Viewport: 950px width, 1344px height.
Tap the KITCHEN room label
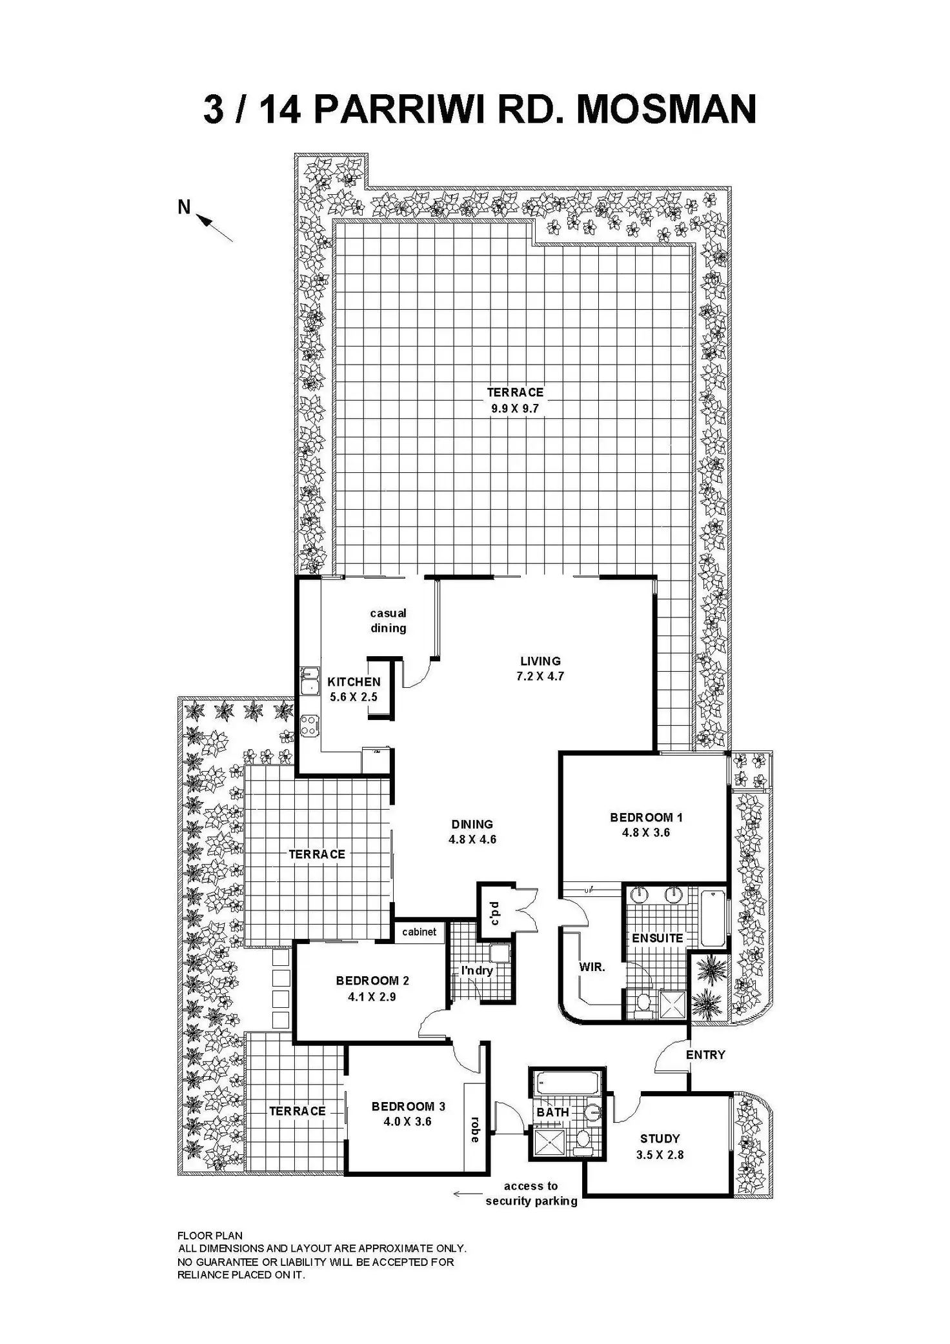354,681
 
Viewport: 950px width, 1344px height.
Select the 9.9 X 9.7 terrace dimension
514,408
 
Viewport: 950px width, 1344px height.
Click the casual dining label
388,620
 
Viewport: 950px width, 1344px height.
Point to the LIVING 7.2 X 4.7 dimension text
540,676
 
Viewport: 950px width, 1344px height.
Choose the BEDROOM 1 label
646,817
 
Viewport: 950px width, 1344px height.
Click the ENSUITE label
657,938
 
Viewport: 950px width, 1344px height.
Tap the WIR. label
592,967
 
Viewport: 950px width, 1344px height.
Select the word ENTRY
705,1054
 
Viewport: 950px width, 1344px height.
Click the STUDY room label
660,1139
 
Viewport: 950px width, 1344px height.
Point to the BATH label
553,1112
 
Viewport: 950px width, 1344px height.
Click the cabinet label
419,932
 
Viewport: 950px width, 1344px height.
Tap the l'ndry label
477,970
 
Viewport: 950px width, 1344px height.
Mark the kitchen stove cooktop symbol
308,724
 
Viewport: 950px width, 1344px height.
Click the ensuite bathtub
712,917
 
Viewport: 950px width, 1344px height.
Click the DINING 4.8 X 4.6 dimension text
472,839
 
